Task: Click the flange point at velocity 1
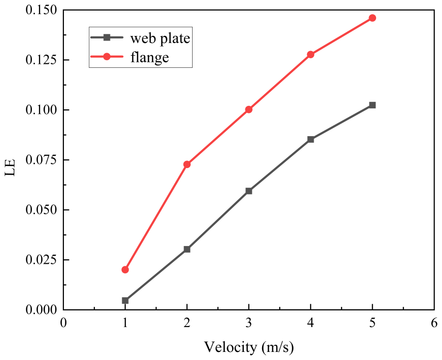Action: click(125, 269)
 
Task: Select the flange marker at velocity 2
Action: click(187, 164)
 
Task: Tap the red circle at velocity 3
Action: click(249, 109)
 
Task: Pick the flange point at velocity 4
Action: click(311, 54)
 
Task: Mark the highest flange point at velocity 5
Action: click(373, 18)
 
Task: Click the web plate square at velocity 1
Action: click(125, 300)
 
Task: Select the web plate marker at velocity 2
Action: click(187, 249)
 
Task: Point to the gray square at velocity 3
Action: click(249, 191)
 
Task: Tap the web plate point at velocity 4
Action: click(311, 139)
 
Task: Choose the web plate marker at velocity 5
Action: click(373, 105)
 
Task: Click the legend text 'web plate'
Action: click(160, 38)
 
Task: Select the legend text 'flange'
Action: click(150, 58)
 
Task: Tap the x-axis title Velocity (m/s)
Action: click(249, 347)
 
